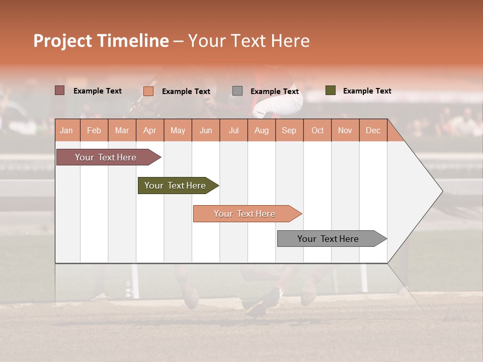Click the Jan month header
click(x=66, y=130)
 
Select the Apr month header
click(x=149, y=130)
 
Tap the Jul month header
click(x=233, y=130)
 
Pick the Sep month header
click(x=289, y=130)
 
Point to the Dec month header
click(x=373, y=130)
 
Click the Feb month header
click(x=94, y=130)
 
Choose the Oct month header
click(x=317, y=130)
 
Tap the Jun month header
click(x=206, y=130)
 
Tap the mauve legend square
click(x=60, y=90)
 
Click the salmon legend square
click(x=148, y=91)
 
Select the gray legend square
click(x=237, y=91)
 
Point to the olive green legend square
click(x=331, y=90)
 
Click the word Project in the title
click(x=63, y=41)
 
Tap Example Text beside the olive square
click(x=367, y=90)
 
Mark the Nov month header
click(x=345, y=130)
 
